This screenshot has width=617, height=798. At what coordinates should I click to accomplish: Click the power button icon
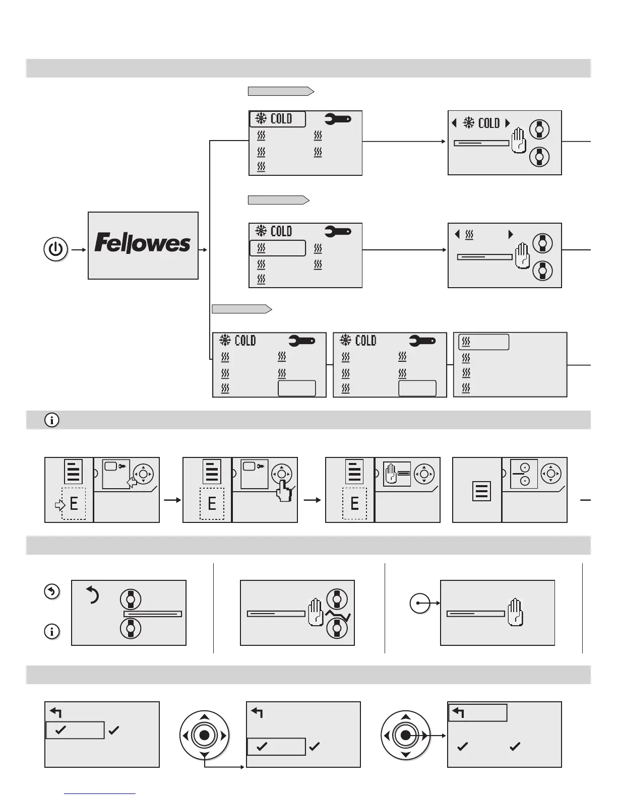56,249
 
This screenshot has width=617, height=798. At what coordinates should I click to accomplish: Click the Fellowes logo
143,244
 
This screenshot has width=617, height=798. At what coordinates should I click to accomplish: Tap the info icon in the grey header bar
52,420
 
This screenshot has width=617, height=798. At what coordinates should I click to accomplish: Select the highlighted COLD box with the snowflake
277,119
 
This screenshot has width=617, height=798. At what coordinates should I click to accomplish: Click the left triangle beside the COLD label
454,123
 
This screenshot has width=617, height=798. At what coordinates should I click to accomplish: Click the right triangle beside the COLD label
508,123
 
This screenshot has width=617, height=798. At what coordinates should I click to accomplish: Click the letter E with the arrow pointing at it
74,503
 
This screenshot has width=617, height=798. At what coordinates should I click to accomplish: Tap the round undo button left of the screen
52,591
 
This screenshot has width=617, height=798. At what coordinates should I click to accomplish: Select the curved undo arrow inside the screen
93,595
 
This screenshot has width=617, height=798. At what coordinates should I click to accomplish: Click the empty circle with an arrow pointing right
419,603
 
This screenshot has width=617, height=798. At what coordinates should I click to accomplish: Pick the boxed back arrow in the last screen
477,712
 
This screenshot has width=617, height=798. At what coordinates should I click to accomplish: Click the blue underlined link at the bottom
100,793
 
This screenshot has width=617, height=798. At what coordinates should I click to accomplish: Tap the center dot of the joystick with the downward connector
204,736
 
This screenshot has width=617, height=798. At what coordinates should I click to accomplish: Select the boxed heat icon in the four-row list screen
483,342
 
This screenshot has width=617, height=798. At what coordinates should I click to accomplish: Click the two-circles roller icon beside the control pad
524,474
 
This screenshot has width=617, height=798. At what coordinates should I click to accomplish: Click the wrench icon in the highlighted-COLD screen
337,119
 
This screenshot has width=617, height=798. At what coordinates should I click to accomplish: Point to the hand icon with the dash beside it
397,474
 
